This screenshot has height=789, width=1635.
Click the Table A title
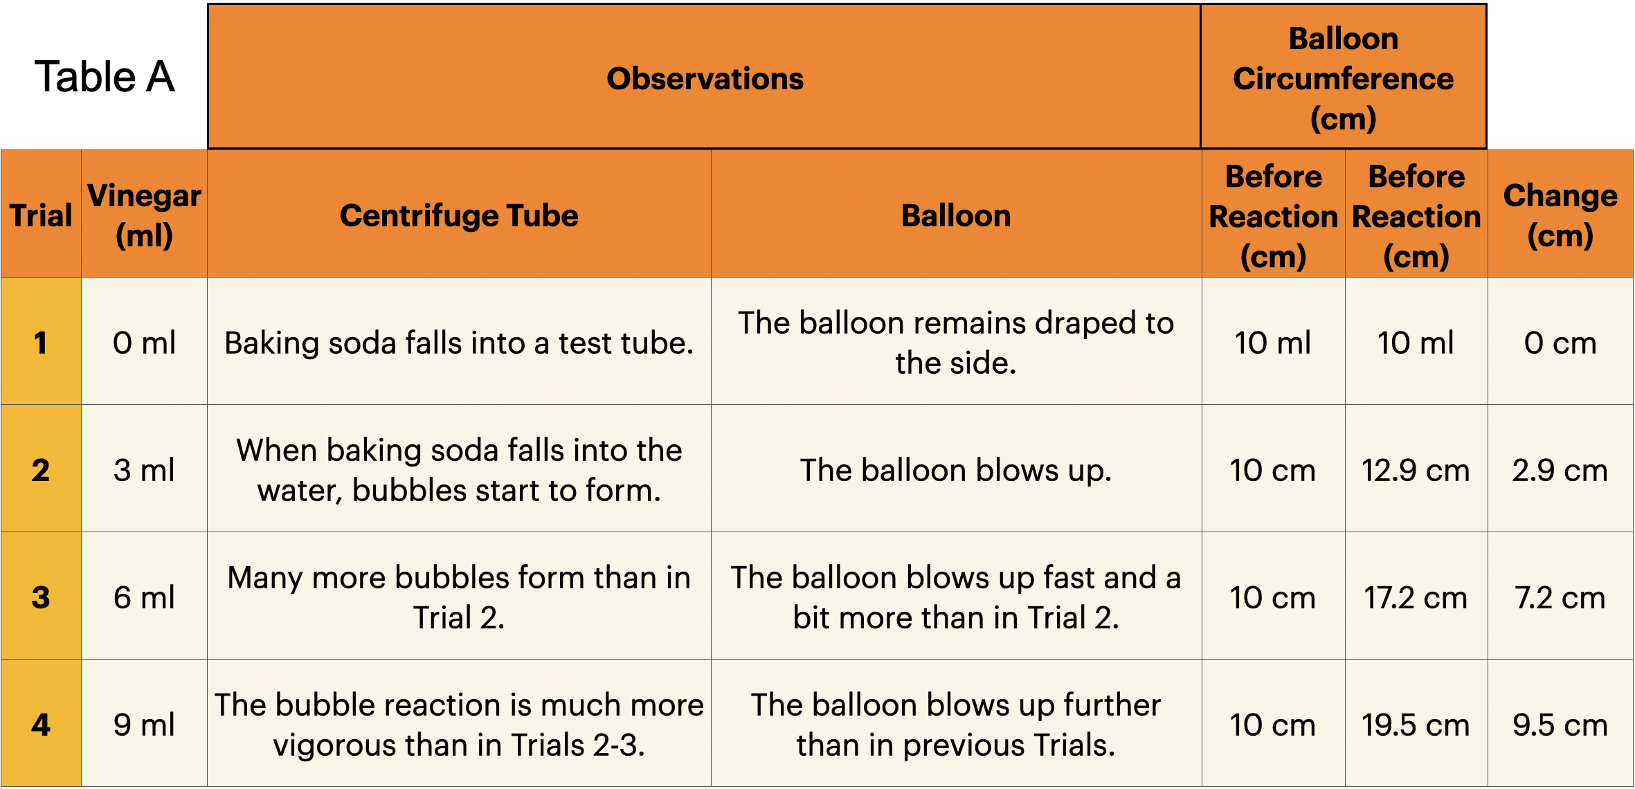(105, 76)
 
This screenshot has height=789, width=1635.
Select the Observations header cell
(704, 77)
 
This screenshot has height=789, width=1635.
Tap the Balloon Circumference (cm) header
(1343, 77)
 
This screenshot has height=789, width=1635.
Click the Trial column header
(41, 214)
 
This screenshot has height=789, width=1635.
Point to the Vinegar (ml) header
(144, 214)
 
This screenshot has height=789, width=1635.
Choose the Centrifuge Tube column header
(459, 214)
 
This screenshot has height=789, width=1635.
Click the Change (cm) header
(1560, 214)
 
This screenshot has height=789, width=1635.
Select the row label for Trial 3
(41, 596)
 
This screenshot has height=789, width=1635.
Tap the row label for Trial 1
(41, 341)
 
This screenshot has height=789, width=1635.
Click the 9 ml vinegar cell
(144, 723)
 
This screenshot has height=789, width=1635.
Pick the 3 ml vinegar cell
(144, 469)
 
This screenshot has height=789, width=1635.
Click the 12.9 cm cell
(1416, 469)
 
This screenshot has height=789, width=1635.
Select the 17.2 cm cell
(1416, 596)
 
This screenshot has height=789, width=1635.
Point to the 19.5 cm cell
(1416, 723)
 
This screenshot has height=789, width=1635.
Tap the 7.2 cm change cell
(1560, 596)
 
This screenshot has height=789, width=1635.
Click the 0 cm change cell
(1560, 341)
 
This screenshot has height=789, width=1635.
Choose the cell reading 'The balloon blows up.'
(956, 469)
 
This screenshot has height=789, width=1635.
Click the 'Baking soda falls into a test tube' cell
(459, 341)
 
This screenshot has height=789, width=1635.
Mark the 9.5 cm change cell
(1560, 723)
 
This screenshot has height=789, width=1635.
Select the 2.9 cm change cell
(1560, 469)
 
